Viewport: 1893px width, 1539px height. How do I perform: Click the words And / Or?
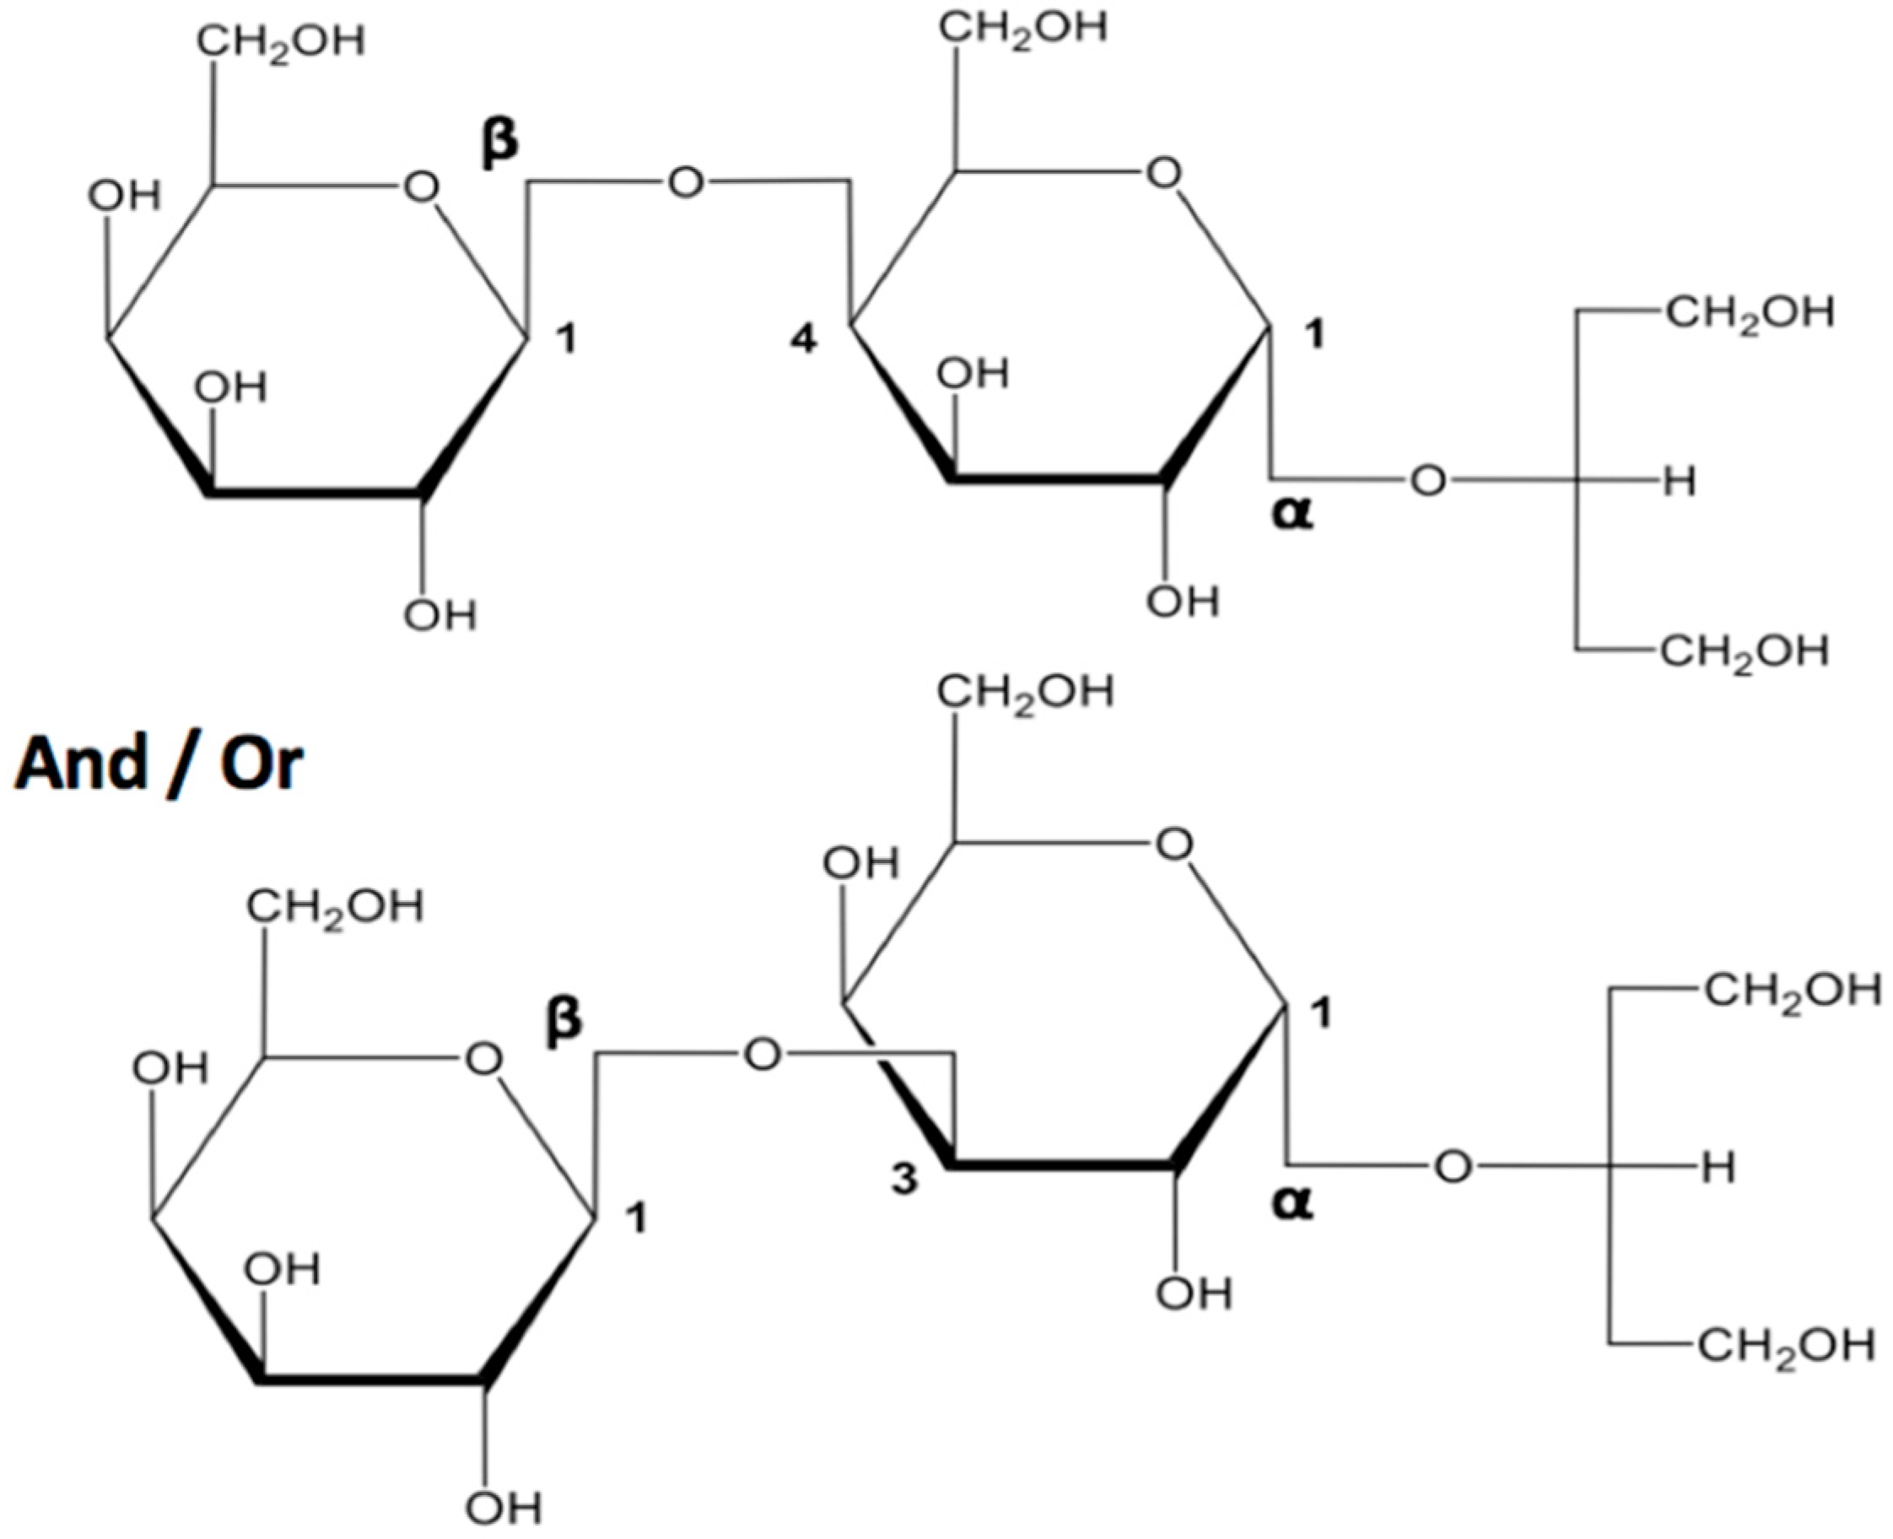[159, 764]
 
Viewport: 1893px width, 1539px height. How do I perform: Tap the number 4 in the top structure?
[804, 339]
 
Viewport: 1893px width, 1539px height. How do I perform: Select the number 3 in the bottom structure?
[904, 1179]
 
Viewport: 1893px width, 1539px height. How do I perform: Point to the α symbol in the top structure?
[1293, 513]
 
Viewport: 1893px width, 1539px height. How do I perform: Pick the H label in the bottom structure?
[1718, 1169]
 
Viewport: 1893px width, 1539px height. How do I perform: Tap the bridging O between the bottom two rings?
[762, 1056]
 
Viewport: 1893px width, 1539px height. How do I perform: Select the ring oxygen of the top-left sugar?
[421, 187]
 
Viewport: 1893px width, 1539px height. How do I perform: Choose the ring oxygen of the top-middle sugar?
[1163, 174]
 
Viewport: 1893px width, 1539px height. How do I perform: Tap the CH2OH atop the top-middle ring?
[1023, 29]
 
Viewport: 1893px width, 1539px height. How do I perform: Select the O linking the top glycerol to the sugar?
[1427, 482]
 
